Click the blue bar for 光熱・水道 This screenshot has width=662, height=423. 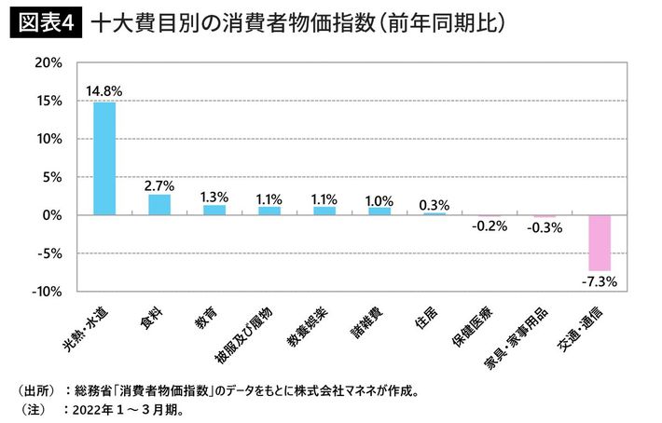click(104, 158)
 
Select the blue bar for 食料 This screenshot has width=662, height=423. click(159, 205)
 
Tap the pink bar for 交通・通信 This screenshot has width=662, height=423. click(599, 242)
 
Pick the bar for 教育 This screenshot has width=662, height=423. click(214, 211)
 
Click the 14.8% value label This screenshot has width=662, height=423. click(104, 91)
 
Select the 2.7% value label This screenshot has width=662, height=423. click(159, 184)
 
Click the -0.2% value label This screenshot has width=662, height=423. click(489, 226)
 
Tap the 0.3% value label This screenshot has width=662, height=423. click(434, 203)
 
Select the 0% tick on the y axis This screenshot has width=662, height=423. click(52, 215)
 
